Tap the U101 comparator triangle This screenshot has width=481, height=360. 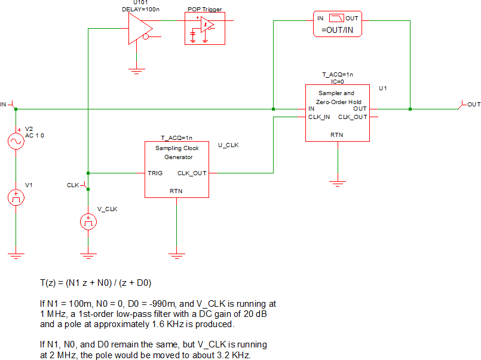tap(138, 28)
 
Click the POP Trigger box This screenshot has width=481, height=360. tap(205, 28)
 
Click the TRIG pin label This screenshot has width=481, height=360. tap(155, 173)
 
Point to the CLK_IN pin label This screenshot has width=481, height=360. tap(320, 117)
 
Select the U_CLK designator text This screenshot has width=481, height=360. tap(229, 145)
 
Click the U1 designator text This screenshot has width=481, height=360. tap(384, 89)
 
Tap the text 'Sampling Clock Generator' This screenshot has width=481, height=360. tap(177, 152)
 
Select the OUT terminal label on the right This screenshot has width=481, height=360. tap(473, 105)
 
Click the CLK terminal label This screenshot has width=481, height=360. tap(73, 185)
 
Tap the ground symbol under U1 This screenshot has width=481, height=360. tap(338, 181)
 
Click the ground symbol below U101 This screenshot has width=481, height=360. tap(138, 69)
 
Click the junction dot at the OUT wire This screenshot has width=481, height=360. tap(410, 109)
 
